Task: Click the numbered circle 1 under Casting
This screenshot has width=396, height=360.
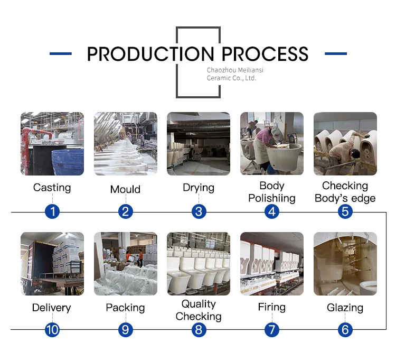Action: click(x=52, y=211)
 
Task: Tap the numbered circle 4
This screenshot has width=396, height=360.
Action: click(x=271, y=211)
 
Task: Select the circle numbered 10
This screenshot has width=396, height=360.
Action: click(x=52, y=330)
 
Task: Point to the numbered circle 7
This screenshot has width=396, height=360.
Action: click(x=271, y=330)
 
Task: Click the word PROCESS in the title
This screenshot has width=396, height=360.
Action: click(x=265, y=54)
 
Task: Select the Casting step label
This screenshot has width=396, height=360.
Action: click(x=52, y=188)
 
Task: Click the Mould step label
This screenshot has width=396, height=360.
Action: click(x=125, y=189)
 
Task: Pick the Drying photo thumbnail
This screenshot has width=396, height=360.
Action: click(x=199, y=143)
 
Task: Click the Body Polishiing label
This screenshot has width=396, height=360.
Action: click(x=271, y=192)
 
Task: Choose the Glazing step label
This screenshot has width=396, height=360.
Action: click(x=345, y=308)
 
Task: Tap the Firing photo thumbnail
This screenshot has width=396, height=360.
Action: click(x=271, y=263)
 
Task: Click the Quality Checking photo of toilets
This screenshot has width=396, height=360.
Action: click(x=199, y=263)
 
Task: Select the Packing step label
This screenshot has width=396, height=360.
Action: click(x=125, y=308)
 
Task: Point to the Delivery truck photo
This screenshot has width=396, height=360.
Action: click(x=52, y=263)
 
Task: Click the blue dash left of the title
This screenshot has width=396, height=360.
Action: click(x=60, y=54)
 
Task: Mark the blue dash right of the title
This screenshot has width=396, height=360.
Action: click(x=335, y=54)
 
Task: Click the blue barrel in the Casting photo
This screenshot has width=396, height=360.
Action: click(x=68, y=161)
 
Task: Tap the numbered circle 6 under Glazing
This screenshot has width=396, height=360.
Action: click(x=345, y=330)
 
